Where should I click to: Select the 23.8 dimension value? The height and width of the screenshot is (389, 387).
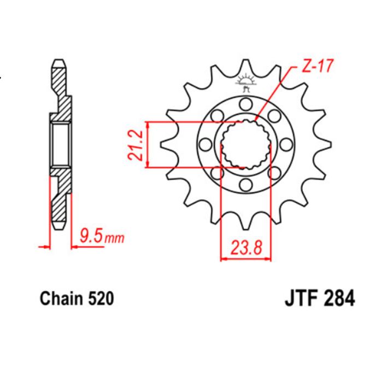pos(245,249)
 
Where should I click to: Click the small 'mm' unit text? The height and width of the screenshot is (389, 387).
pos(115,238)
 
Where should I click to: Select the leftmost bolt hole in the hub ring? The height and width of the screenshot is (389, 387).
pos(206,144)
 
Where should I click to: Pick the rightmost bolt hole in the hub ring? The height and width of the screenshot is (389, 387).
pos(285,144)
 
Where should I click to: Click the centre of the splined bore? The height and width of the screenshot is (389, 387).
pos(245,144)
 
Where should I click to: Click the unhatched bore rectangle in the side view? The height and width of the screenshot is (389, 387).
pos(60,144)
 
